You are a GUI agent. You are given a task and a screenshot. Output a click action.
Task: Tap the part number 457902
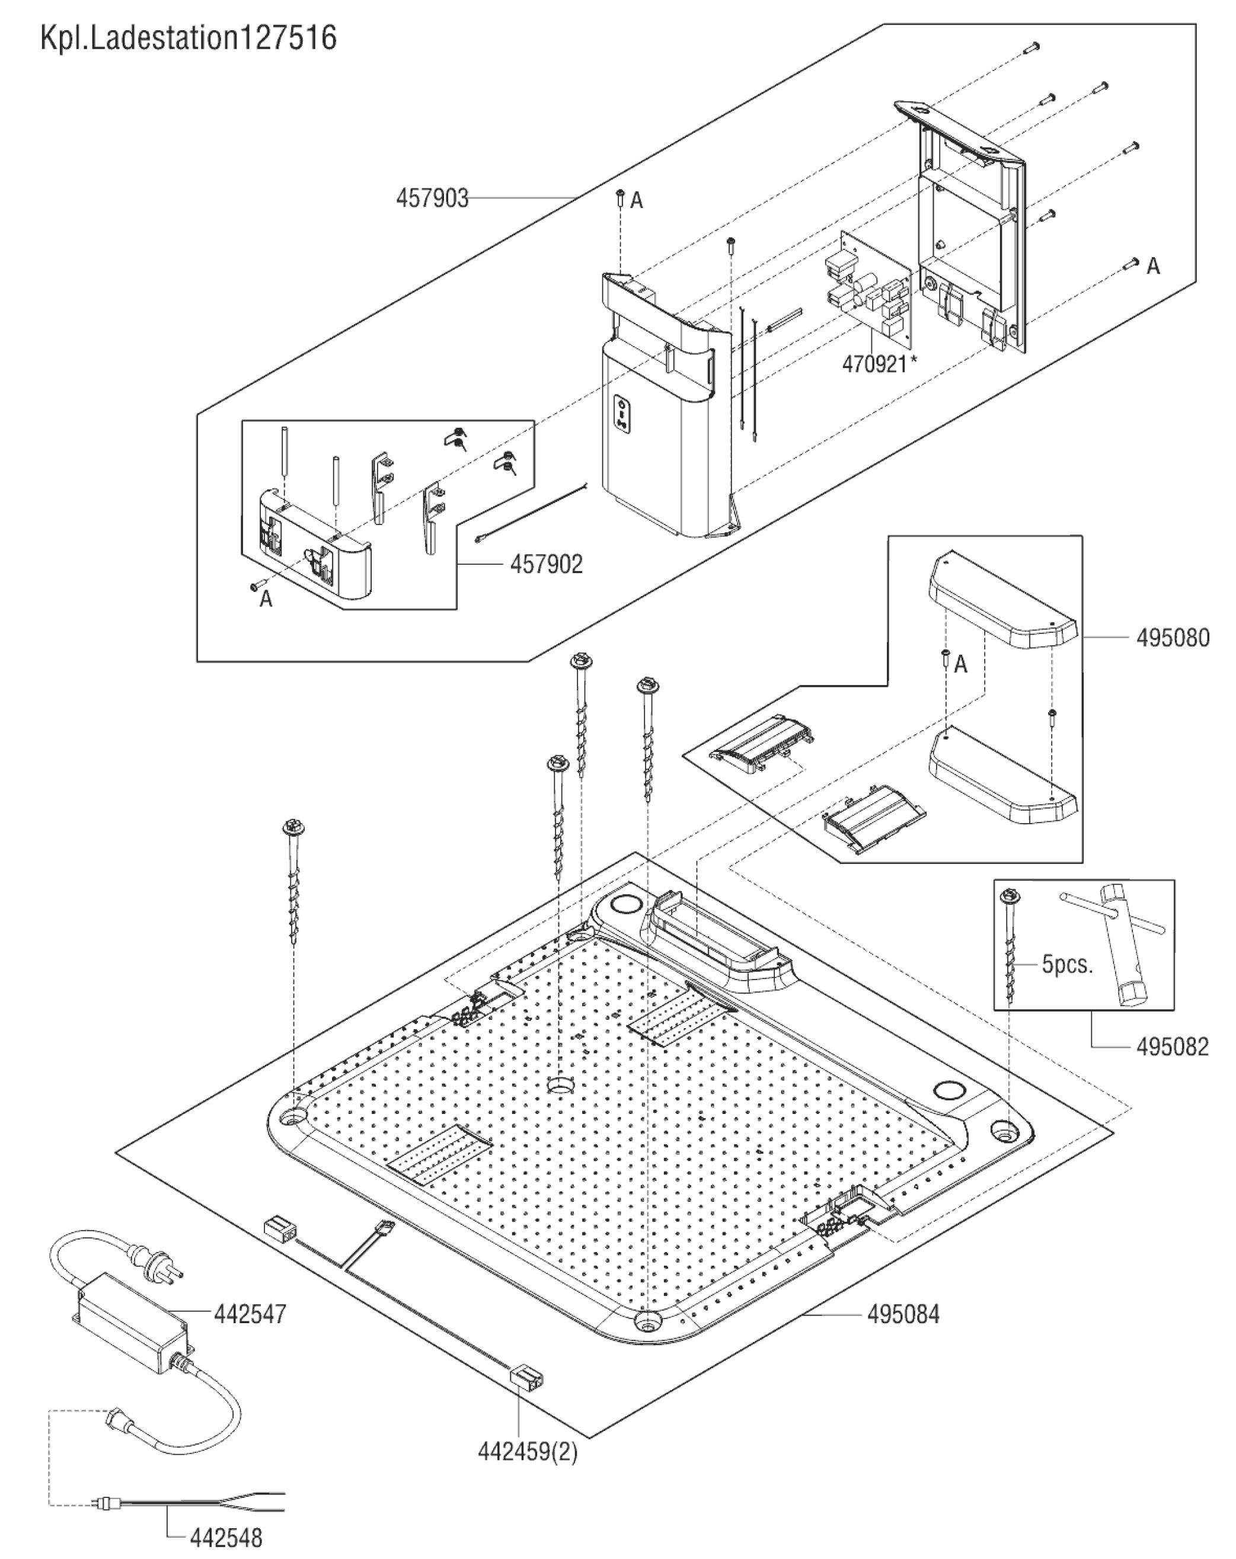tap(546, 564)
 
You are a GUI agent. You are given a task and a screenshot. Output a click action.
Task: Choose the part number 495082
tap(1171, 1046)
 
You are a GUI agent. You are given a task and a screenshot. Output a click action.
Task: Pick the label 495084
tap(903, 1313)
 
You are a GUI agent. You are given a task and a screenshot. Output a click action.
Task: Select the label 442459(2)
tap(527, 1451)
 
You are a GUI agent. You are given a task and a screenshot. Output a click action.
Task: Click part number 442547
tap(250, 1313)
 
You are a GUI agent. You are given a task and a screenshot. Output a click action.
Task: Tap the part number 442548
tap(226, 1537)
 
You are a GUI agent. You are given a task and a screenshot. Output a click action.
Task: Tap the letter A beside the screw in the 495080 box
tap(960, 664)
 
